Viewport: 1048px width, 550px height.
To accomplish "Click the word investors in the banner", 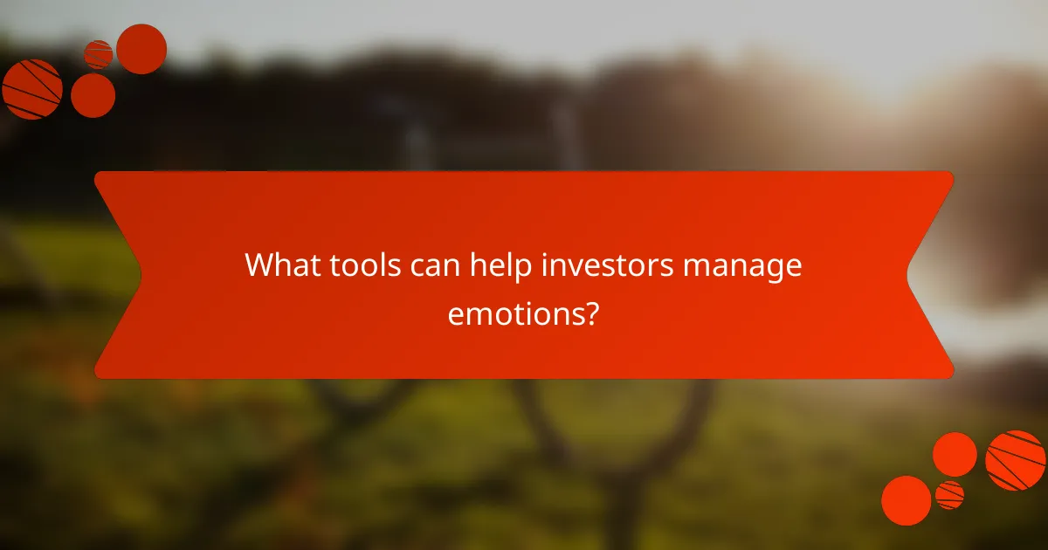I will point(606,265).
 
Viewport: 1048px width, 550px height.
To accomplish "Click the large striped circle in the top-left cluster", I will point(32,89).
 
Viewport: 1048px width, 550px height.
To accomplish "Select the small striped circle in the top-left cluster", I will point(98,54).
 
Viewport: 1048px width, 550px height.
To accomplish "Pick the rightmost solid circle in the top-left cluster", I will point(141,49).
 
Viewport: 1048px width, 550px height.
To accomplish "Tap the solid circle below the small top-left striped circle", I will point(93,95).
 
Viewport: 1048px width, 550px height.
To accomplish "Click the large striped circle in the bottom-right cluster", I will point(1016,460).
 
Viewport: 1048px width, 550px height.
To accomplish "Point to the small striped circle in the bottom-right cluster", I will point(949,495).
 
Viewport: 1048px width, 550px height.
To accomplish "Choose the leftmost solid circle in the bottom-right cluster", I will point(907,500).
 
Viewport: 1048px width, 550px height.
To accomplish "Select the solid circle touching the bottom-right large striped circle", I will point(955,454).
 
